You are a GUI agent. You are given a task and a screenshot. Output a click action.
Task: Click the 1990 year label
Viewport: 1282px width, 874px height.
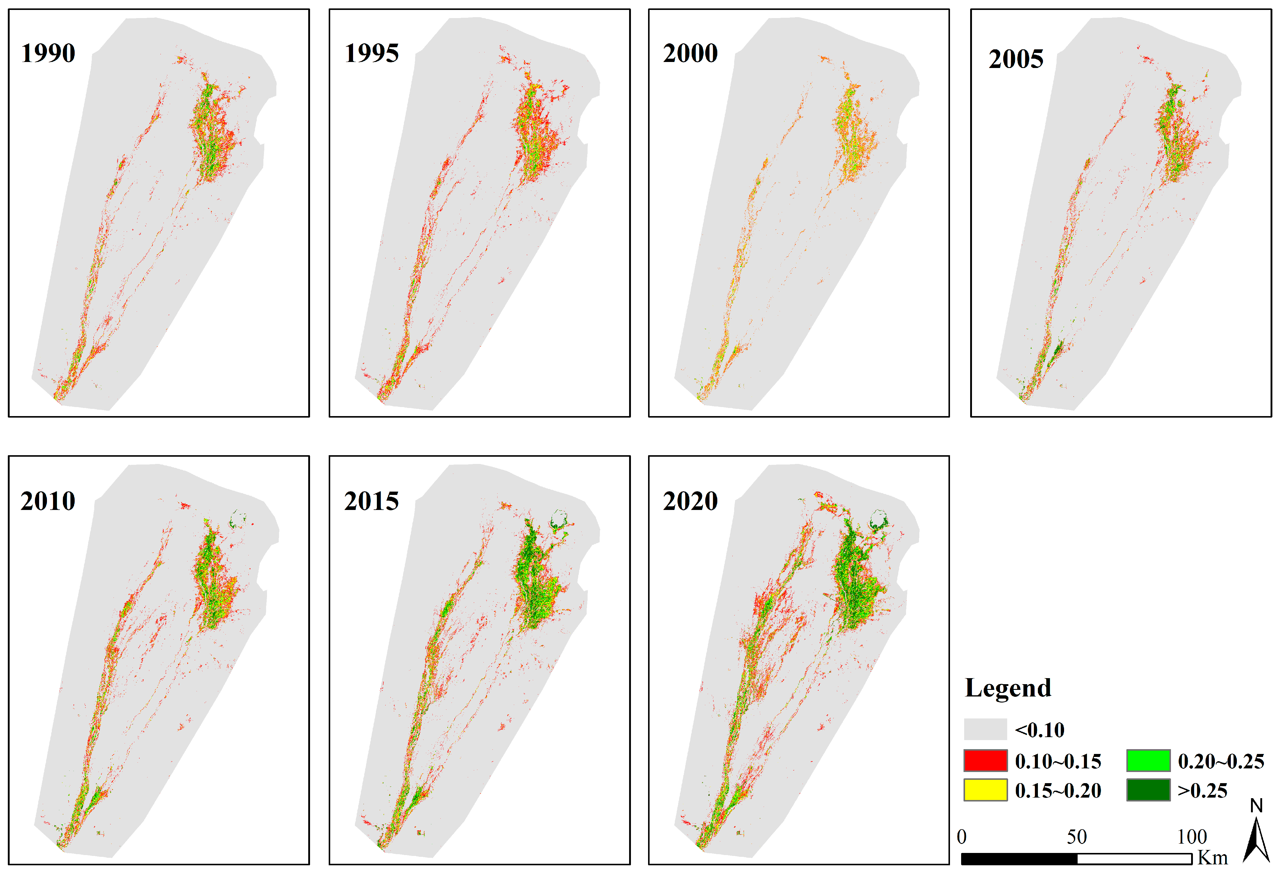click(x=48, y=54)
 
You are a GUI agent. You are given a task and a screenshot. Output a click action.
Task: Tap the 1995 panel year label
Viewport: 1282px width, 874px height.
click(x=371, y=54)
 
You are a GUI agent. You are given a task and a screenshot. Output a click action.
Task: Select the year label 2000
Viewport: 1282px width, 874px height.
click(x=690, y=54)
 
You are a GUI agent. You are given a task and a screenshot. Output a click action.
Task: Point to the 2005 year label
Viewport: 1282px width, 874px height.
click(x=1016, y=59)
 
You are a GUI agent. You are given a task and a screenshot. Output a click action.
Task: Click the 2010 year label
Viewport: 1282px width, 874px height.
click(x=48, y=501)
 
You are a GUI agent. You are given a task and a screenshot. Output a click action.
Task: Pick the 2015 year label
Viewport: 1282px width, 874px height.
click(x=371, y=501)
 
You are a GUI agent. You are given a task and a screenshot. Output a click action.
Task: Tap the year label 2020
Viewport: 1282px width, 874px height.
click(x=690, y=501)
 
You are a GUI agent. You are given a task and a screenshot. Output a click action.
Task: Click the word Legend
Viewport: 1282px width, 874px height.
click(x=1008, y=688)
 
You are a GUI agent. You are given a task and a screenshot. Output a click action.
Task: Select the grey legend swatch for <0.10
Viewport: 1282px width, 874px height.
click(x=985, y=729)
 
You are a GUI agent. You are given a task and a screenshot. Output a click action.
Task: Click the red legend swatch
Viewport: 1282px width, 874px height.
click(x=985, y=760)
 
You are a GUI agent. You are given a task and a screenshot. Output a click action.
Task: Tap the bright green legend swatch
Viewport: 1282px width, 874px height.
click(x=1148, y=760)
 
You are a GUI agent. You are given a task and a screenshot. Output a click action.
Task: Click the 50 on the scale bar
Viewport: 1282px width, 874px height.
click(x=1076, y=836)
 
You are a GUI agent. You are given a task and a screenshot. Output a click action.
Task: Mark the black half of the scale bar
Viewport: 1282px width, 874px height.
click(x=1019, y=859)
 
